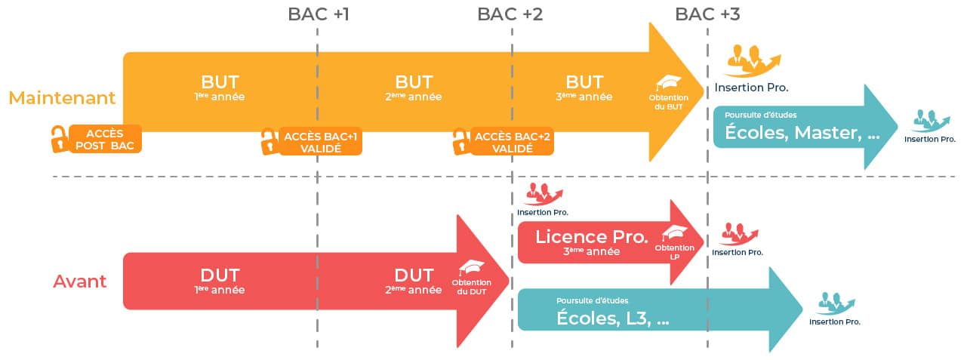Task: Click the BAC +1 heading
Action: point(319,14)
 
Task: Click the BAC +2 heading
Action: point(510,14)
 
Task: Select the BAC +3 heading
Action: point(708,14)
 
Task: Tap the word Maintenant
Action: point(62,98)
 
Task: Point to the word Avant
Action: point(79,282)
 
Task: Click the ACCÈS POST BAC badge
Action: point(106,140)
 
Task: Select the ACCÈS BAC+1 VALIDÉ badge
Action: point(320,142)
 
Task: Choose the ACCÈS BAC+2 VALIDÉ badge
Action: point(512,142)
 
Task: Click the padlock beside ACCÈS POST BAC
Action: point(58,139)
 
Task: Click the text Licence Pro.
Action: point(592,236)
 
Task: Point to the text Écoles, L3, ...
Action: point(613,318)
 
